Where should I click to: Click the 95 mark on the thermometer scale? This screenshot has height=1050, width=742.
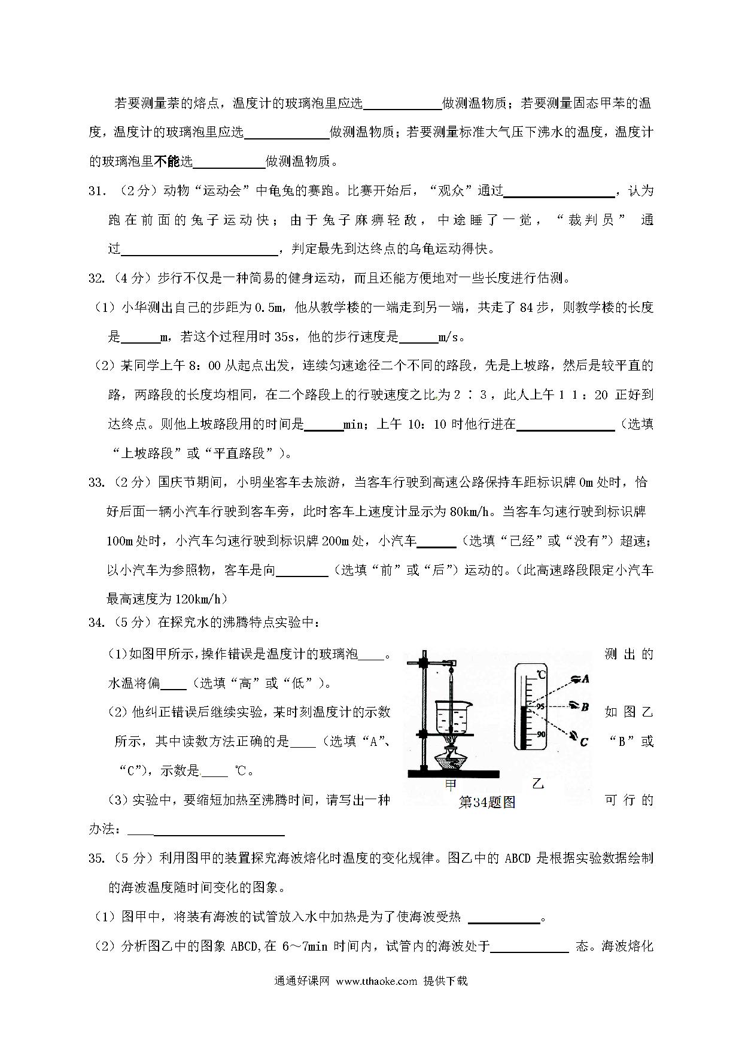click(x=540, y=706)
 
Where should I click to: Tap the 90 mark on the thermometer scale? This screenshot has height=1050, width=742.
click(x=540, y=735)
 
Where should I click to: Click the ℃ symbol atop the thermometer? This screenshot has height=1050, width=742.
click(x=540, y=675)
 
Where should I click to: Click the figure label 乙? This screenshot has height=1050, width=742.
click(x=538, y=783)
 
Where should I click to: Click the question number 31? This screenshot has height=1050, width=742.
click(x=97, y=191)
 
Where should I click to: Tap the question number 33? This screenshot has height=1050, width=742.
click(x=97, y=482)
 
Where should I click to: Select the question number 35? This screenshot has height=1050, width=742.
click(x=97, y=858)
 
